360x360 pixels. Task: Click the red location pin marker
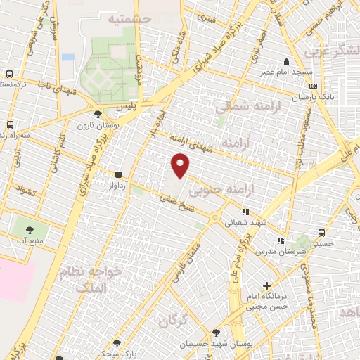[181, 165]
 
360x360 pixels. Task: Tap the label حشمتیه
[131, 18]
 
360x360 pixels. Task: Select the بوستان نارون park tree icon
[97, 112]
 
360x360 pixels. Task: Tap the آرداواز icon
[117, 174]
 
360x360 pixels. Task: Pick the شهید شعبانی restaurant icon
[245, 210]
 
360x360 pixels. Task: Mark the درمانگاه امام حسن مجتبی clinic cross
[266, 286]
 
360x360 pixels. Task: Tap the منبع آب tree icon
[30, 229]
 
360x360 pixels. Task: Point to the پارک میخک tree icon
[117, 343]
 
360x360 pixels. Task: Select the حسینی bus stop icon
[321, 233]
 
